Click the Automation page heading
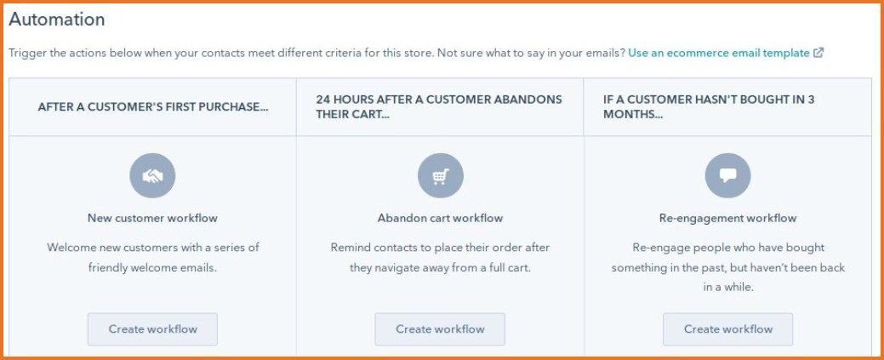pos(57,20)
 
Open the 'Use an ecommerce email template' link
pos(719,53)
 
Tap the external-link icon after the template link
pos(818,53)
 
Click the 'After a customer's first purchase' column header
pos(153,107)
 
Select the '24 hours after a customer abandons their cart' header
pos(439,106)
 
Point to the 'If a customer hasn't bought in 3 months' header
pos(709,106)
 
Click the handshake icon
pos(152,176)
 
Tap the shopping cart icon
pos(440,176)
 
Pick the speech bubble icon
pos(727,176)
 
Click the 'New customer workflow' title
pos(152,218)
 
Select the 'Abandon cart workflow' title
pos(440,218)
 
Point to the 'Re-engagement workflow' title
pos(727,218)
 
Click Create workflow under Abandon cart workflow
pos(440,329)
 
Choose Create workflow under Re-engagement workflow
pos(727,329)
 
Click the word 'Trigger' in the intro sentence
pos(27,53)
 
